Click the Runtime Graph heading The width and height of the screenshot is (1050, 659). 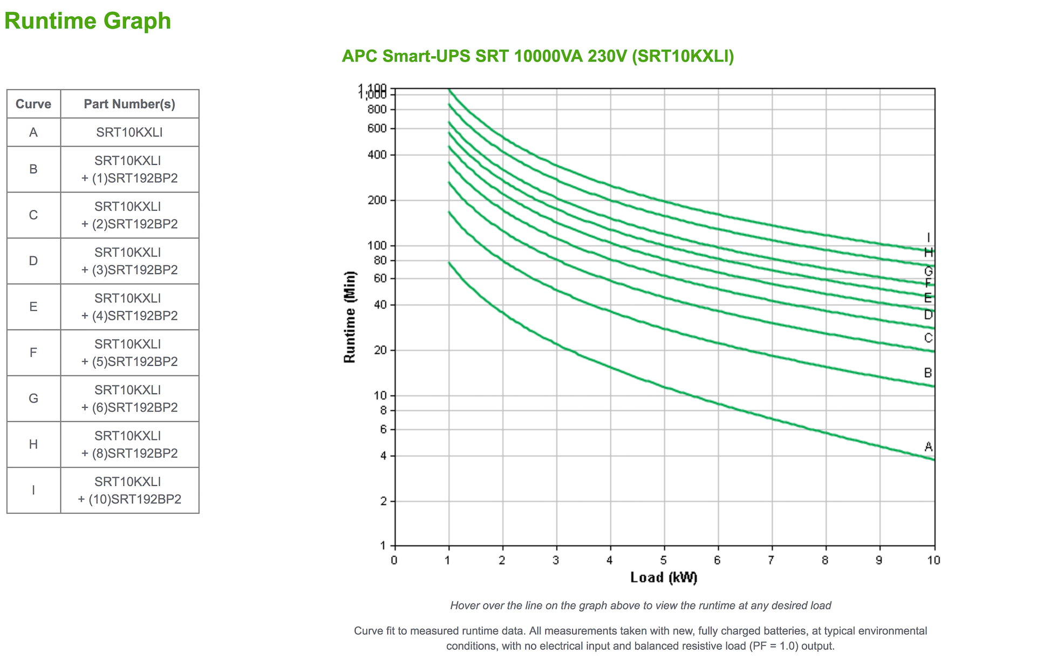pos(87,21)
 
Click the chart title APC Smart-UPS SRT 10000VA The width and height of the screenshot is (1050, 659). pos(537,56)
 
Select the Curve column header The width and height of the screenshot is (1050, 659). pos(33,104)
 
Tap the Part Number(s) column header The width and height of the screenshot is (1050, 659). pos(129,104)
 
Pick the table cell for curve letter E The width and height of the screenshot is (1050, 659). pos(33,307)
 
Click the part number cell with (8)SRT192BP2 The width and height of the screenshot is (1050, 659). pos(129,444)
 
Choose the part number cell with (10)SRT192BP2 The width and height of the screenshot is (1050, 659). pos(129,490)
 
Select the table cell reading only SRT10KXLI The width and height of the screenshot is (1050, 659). pos(129,132)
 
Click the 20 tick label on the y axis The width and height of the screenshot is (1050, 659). pos(380,351)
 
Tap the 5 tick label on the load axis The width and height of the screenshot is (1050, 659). pos(664,560)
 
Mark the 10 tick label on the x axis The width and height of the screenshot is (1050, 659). pos(933,560)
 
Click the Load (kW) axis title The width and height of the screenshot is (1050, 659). pos(664,578)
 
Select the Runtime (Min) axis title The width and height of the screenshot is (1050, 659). pos(350,317)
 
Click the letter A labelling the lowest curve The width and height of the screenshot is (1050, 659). pos(928,447)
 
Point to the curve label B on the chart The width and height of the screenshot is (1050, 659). pos(928,373)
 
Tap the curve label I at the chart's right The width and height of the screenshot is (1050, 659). pos(928,238)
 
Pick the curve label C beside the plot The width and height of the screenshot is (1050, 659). pos(928,338)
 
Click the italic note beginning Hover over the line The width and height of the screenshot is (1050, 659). pos(640,606)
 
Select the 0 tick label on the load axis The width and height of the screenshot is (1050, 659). pos(394,560)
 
